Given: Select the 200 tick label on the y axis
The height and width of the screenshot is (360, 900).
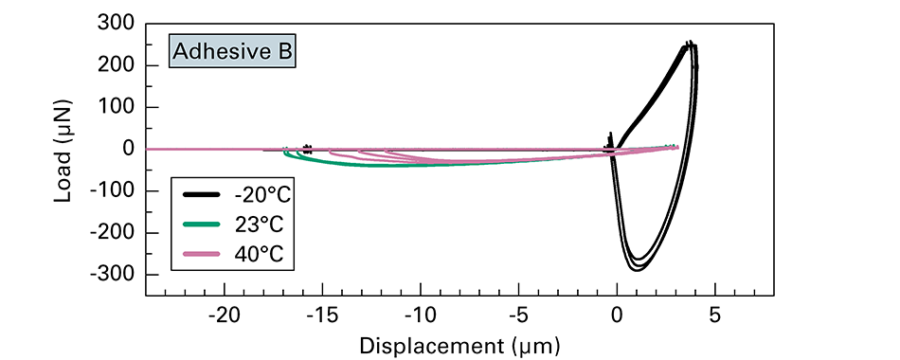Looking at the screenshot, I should (x=116, y=64).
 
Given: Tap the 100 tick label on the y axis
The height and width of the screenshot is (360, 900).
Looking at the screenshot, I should (x=116, y=106).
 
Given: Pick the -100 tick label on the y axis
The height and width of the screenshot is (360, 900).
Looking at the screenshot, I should (x=111, y=190).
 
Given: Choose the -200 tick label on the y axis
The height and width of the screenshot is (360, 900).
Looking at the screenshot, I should (x=111, y=232).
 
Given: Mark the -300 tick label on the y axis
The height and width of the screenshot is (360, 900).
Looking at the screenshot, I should (x=111, y=275).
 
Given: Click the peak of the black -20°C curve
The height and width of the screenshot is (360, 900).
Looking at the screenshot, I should (x=690, y=44).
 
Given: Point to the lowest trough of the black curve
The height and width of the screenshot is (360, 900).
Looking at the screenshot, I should (x=636, y=270).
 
